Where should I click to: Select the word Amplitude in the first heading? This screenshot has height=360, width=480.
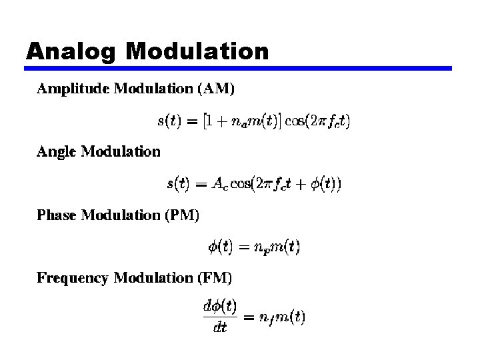coord(73,88)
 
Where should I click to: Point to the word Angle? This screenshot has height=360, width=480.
coord(57,152)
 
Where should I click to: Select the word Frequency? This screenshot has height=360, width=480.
coord(73,277)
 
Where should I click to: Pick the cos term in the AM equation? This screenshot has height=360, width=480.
coord(294,121)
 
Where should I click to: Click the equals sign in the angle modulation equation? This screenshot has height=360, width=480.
coord(200,185)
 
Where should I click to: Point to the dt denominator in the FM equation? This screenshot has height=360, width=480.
coord(220,327)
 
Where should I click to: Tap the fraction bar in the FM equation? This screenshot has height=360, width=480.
coord(219,317)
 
